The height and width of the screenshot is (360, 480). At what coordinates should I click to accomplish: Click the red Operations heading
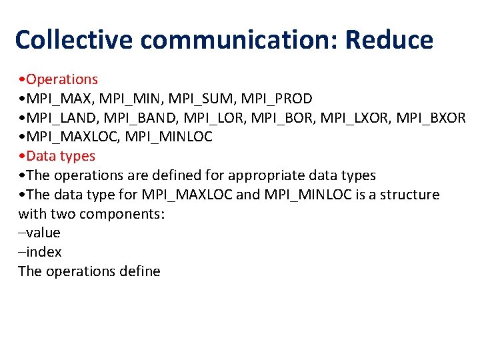[x=63, y=79]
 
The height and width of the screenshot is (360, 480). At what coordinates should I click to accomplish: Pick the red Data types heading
[x=61, y=156]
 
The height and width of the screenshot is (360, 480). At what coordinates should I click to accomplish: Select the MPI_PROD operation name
[x=277, y=99]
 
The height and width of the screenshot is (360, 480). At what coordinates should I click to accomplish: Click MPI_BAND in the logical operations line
[x=136, y=118]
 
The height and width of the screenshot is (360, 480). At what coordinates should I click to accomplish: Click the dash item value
[x=43, y=233]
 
